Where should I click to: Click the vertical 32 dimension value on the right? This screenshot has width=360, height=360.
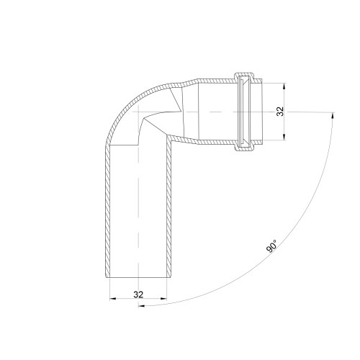pyautogui.click(x=280, y=112)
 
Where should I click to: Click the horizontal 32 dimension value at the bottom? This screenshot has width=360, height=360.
pyautogui.click(x=138, y=294)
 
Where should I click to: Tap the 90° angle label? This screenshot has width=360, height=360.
pyautogui.click(x=271, y=246)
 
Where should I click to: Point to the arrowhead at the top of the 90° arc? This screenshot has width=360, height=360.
pyautogui.click(x=333, y=116)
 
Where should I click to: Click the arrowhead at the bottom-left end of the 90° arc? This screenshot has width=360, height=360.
pyautogui.click(x=142, y=306)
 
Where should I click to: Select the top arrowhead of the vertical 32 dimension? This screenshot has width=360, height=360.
pyautogui.click(x=284, y=86)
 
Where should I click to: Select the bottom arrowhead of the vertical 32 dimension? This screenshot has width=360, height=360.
pyautogui.click(x=284, y=137)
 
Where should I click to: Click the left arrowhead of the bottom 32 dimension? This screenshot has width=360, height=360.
pyautogui.click(x=113, y=299)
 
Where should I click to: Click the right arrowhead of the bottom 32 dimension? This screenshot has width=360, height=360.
pyautogui.click(x=163, y=299)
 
